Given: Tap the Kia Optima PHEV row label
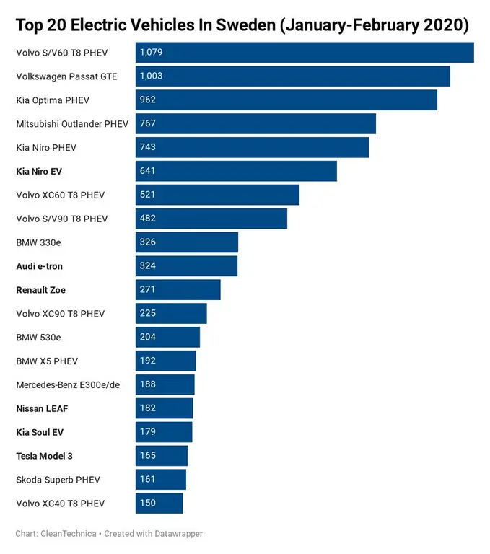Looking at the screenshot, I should [x=53, y=100].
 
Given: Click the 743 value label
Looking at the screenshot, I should [x=148, y=147].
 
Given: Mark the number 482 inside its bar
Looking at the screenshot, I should [x=148, y=219].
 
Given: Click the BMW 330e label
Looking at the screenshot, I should [x=38, y=242].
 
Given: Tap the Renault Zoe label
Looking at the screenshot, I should [x=41, y=290].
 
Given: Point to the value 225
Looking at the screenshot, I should [x=148, y=314].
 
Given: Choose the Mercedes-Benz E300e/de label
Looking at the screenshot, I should [x=68, y=384].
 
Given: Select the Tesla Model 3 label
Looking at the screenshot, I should [x=45, y=456].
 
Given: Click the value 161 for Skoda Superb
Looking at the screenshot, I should [x=148, y=480].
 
